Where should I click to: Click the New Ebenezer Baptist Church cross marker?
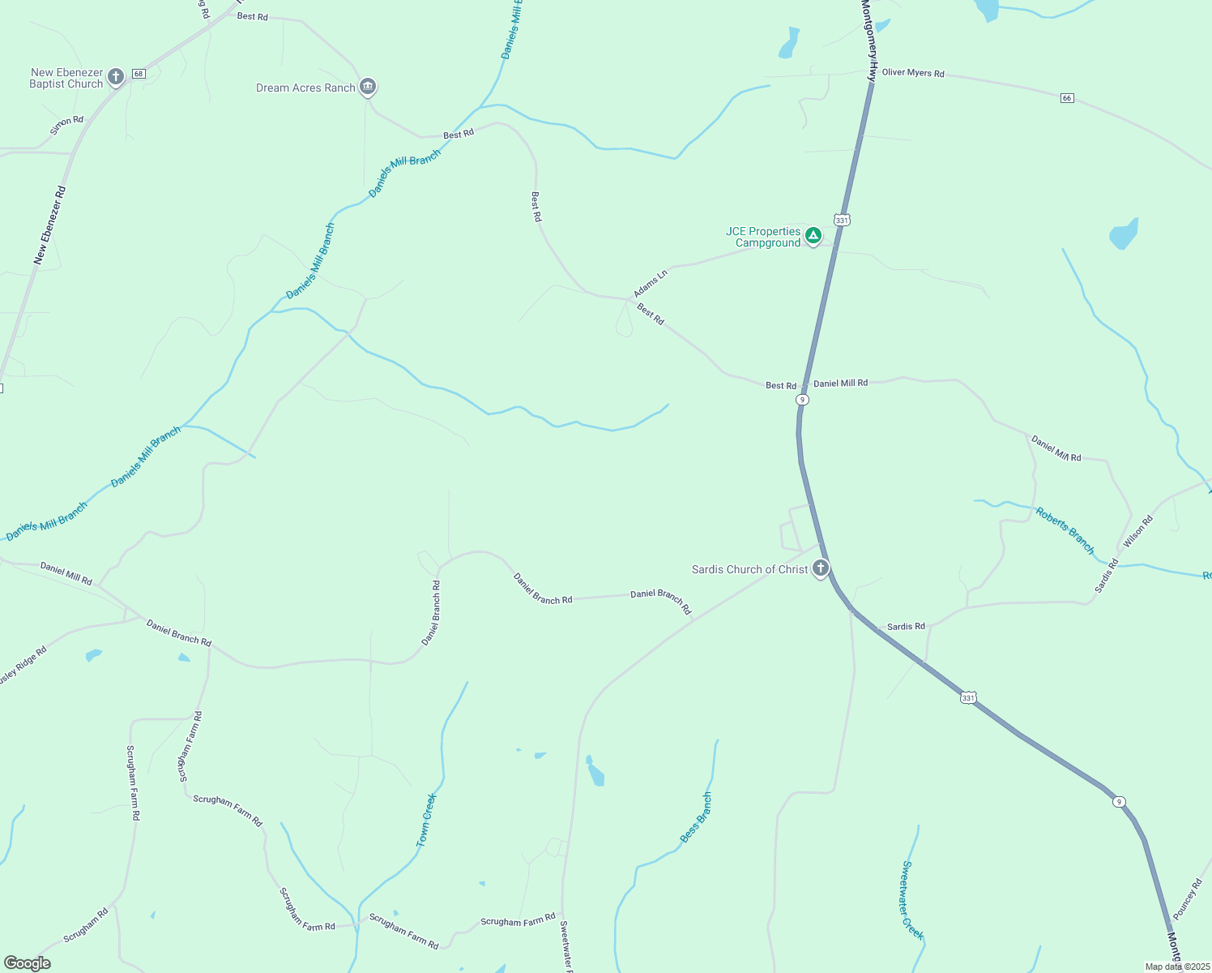tap(116, 77)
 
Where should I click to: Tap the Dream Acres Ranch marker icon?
tap(368, 87)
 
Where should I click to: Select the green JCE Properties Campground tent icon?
tap(813, 236)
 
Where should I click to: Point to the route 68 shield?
tap(139, 74)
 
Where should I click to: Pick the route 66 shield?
tap(1067, 98)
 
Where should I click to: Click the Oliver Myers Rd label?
tap(913, 73)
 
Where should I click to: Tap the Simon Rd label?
tap(66, 125)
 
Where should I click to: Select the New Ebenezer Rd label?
tap(49, 225)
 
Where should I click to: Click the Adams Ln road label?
tap(651, 283)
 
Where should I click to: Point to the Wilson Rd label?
tap(1137, 532)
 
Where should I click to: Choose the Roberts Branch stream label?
tap(1065, 530)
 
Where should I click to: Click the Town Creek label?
tap(426, 821)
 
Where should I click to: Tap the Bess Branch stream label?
tap(696, 817)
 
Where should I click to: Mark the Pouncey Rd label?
tap(1188, 899)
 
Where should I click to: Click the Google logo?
tap(28, 963)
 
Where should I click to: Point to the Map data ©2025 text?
tap(1176, 967)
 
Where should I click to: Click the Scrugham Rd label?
tap(86, 925)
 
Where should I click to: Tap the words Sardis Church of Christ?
tap(749, 569)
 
